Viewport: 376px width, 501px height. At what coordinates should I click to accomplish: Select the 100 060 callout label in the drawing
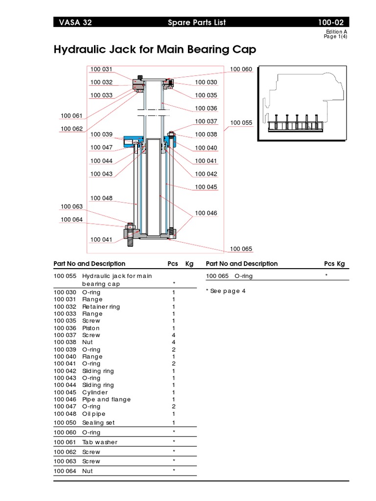point(240,69)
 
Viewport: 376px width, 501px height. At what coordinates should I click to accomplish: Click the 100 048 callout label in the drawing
point(101,198)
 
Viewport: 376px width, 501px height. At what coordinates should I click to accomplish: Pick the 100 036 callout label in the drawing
point(206,108)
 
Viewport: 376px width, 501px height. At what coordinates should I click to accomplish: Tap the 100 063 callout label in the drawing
point(72,207)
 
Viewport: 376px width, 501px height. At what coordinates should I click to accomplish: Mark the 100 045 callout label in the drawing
point(206,187)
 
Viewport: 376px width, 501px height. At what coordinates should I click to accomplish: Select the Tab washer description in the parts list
point(99,442)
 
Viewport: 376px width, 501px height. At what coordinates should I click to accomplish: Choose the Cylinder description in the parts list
point(95,392)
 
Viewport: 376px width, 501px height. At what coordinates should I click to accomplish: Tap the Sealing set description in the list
point(98,422)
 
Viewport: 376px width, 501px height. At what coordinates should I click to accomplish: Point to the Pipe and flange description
point(106,399)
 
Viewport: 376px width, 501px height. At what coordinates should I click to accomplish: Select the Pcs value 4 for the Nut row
point(174,342)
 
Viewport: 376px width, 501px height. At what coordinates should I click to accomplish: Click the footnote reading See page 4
point(226,291)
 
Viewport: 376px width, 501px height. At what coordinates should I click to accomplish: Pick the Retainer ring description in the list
point(101,307)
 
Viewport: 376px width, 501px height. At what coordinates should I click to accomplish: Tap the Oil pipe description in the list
point(94,413)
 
